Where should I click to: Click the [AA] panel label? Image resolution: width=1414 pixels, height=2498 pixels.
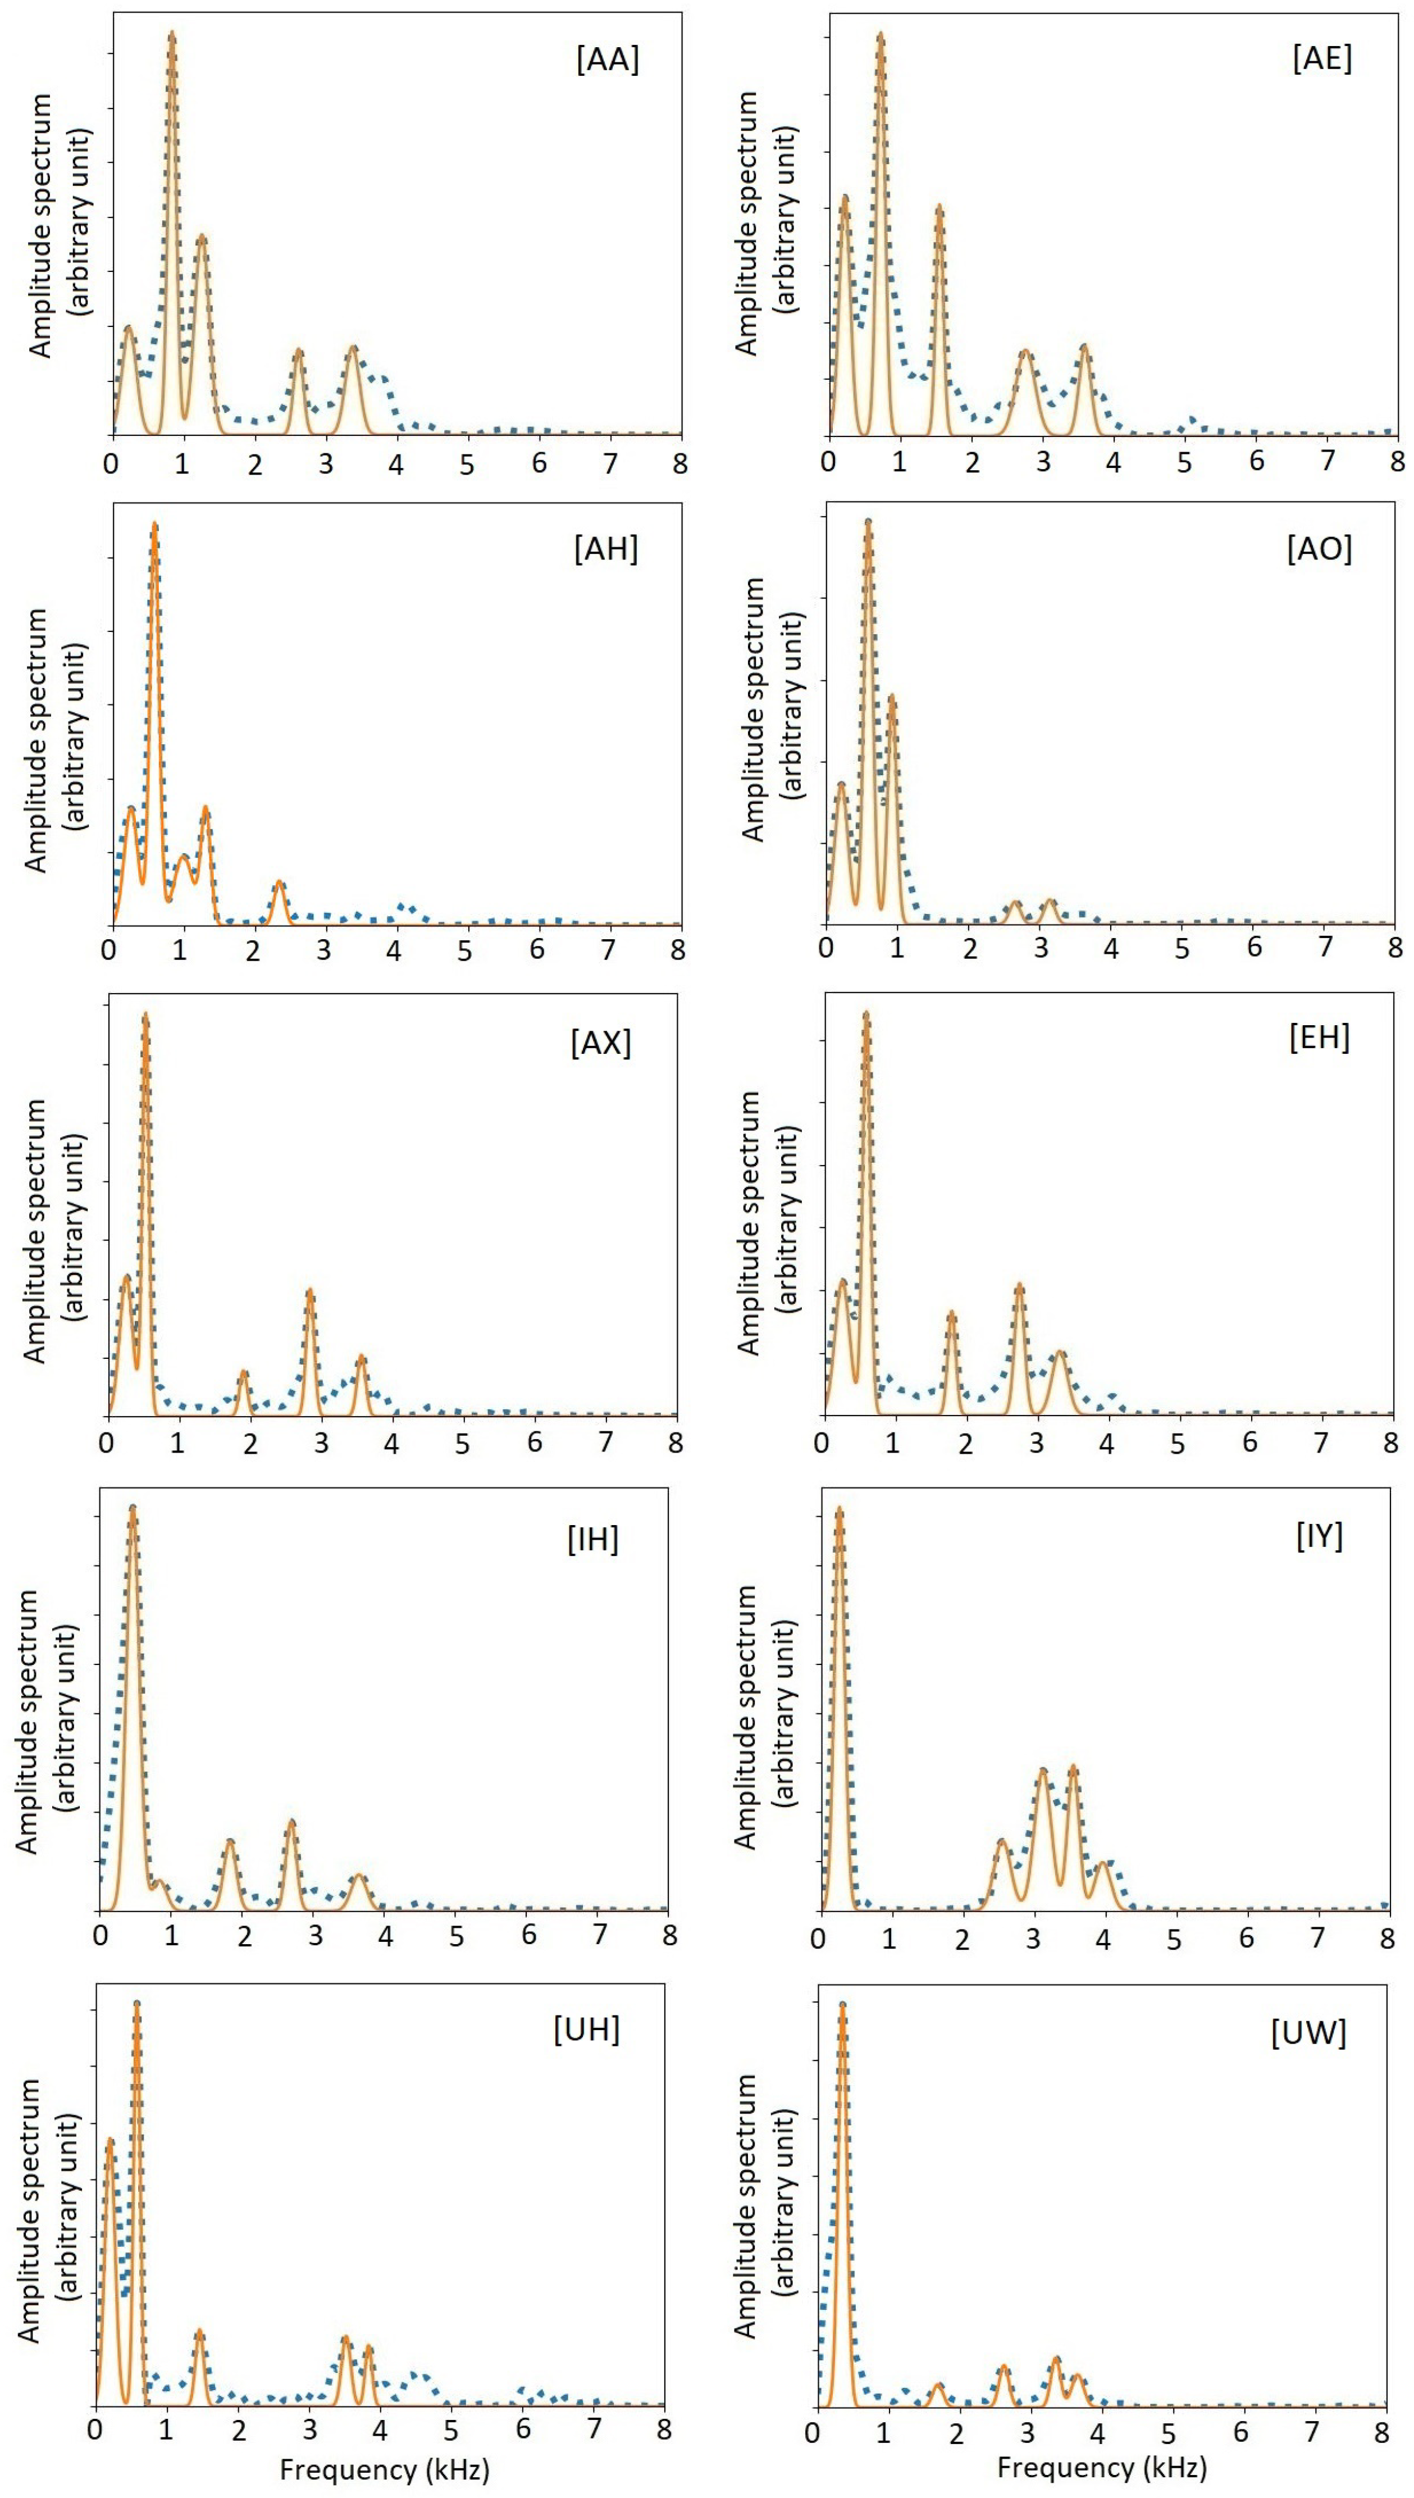click(x=608, y=60)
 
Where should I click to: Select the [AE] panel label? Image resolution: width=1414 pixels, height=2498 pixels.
click(x=1322, y=58)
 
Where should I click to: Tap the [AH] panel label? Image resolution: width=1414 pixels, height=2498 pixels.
click(x=606, y=550)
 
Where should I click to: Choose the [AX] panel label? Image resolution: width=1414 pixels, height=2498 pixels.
click(x=601, y=1043)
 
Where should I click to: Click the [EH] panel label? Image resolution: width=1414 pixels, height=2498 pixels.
click(x=1319, y=1038)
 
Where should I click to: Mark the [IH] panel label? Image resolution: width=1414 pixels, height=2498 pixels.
click(x=592, y=1539)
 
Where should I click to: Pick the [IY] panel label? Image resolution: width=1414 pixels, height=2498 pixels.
click(x=1319, y=1536)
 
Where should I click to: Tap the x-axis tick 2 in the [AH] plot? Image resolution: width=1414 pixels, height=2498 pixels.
click(x=253, y=950)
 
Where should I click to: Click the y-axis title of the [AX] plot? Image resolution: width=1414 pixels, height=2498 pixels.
click(x=48, y=1231)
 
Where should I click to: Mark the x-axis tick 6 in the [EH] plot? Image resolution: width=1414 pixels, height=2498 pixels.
click(x=1249, y=1443)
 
